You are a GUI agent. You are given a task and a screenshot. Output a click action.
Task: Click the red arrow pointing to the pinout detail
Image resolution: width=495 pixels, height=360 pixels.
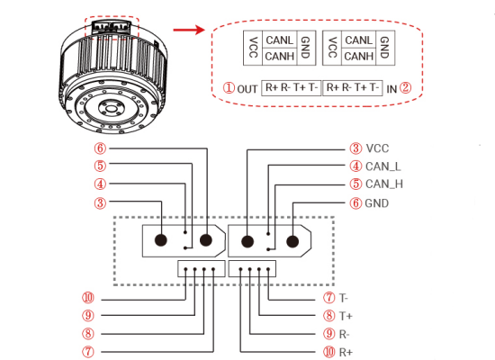[x=189, y=30]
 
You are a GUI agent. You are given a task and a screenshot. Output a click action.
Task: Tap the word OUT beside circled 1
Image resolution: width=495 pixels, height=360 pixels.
[x=247, y=89]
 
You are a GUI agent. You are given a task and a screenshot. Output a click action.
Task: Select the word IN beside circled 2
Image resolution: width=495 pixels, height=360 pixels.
[x=391, y=89]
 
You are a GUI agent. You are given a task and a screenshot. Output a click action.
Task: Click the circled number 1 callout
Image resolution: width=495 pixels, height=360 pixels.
[x=229, y=87]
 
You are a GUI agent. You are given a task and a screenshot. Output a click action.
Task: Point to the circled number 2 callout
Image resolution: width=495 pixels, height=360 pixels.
[x=405, y=87]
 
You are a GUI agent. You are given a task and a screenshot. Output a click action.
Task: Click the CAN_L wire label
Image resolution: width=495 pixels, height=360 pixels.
[x=382, y=166]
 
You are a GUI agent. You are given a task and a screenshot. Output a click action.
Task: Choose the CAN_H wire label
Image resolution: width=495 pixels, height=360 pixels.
[x=384, y=184]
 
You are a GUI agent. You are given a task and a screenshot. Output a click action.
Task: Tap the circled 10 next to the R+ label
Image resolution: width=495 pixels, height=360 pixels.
[x=328, y=352]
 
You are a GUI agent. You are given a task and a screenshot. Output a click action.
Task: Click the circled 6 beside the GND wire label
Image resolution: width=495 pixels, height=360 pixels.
[x=355, y=203]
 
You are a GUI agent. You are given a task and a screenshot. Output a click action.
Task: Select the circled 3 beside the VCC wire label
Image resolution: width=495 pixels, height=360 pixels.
[x=355, y=148]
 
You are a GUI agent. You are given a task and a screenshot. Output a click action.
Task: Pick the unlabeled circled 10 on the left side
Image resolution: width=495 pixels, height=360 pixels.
[x=88, y=297]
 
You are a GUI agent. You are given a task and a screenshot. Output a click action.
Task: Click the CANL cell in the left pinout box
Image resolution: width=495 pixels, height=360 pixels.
[x=280, y=40]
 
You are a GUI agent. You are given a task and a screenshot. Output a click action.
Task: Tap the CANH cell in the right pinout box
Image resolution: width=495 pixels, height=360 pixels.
[x=359, y=57]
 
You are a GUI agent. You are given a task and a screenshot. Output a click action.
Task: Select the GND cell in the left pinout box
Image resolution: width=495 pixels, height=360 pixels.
[x=305, y=48]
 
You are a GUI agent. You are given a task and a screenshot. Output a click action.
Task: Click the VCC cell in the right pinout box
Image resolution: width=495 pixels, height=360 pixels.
[x=332, y=48]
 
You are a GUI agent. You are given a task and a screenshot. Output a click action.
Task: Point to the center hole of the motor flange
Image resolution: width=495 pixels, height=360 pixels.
[x=111, y=109]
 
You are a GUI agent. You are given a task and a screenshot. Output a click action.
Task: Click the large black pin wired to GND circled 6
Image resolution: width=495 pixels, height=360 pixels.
[x=292, y=242]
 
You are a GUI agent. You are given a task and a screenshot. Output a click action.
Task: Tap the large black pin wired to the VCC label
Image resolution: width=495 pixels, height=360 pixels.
[x=247, y=242]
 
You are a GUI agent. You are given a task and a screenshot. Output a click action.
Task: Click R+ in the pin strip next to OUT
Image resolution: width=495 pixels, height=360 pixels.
[x=271, y=87]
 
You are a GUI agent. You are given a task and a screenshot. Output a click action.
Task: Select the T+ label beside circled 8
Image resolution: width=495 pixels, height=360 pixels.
[x=346, y=316]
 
